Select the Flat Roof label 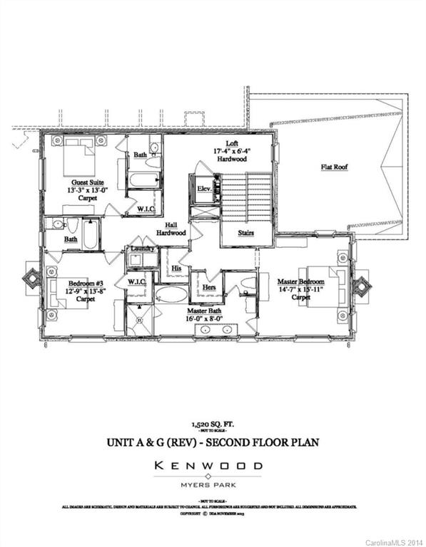click(334, 168)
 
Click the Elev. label click(205, 189)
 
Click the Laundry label click(142, 249)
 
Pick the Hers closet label click(210, 286)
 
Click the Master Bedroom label click(301, 282)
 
